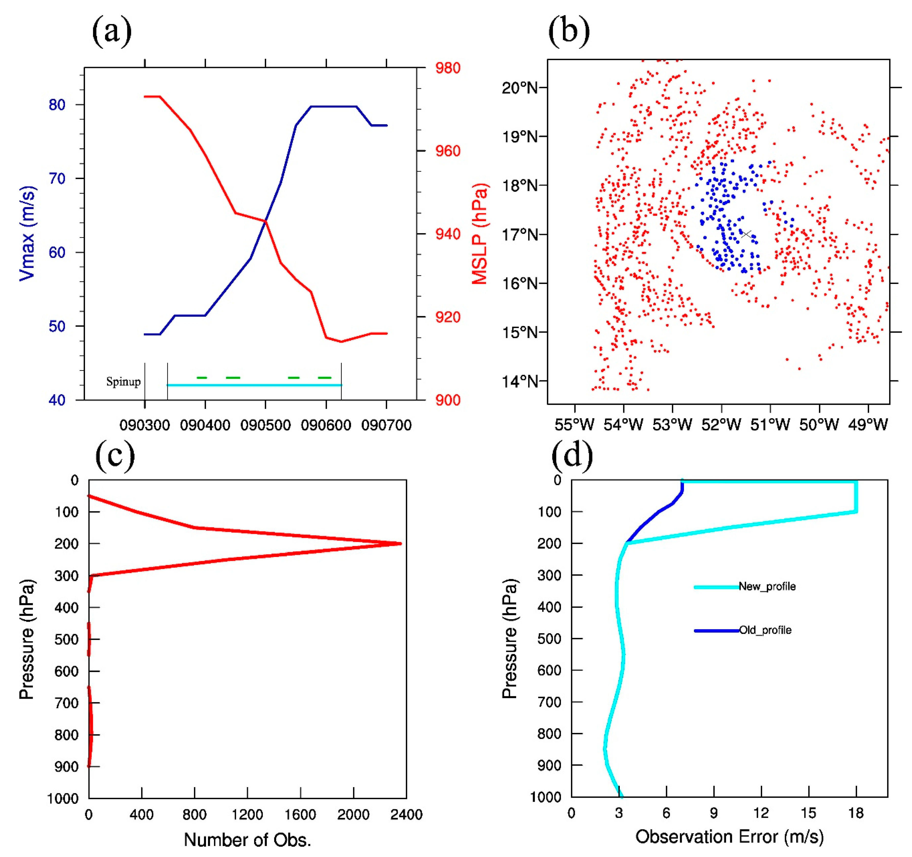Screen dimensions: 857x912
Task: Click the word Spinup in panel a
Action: [123, 381]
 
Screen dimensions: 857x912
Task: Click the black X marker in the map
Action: [746, 234]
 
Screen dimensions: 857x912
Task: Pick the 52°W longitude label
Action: [721, 425]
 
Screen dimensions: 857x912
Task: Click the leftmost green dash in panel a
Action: [202, 377]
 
